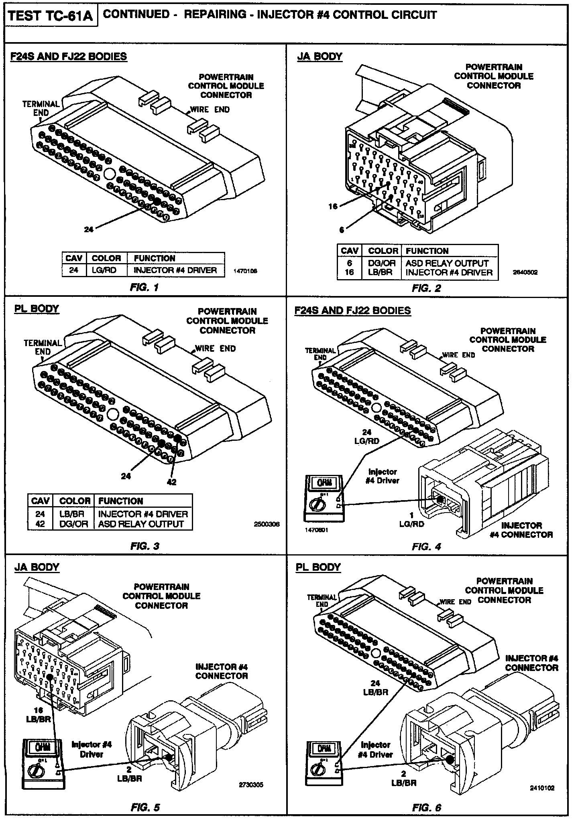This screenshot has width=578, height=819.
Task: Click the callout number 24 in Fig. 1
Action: click(x=89, y=229)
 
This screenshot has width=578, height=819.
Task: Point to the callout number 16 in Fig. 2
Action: click(x=333, y=207)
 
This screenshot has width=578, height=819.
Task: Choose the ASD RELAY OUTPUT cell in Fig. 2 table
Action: click(x=447, y=263)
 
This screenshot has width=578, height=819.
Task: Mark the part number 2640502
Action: click(x=525, y=272)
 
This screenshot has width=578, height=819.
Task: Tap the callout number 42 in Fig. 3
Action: click(x=171, y=482)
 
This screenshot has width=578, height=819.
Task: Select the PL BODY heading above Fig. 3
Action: click(x=37, y=309)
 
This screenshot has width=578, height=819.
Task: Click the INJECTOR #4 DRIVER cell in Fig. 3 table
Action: click(x=143, y=514)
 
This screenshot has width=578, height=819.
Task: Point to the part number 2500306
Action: click(x=267, y=524)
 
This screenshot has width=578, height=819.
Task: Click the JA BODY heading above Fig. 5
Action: click(x=37, y=567)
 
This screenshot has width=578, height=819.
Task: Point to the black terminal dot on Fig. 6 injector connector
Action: click(x=449, y=759)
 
